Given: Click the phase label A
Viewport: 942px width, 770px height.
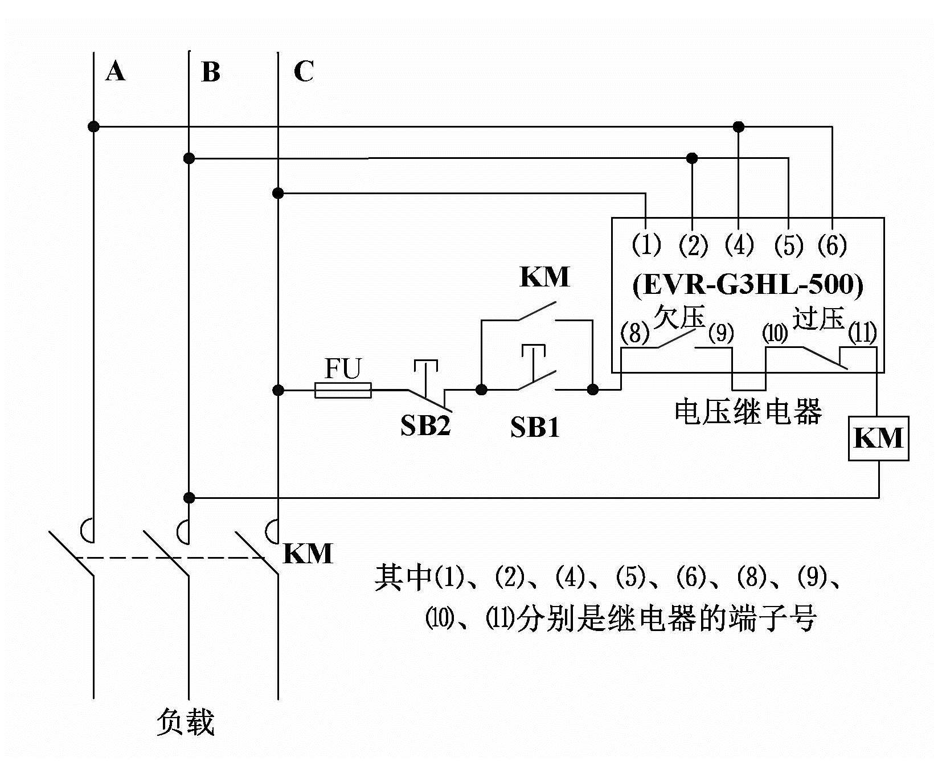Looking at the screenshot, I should point(115,72).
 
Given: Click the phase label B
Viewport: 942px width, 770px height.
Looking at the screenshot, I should point(211,73).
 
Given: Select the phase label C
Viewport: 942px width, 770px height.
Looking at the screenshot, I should point(304,72).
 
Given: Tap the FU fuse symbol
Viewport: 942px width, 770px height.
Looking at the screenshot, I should point(343,390).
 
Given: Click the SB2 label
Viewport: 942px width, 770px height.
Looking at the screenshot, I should point(425,425).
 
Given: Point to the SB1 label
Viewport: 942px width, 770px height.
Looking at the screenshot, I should point(534,428).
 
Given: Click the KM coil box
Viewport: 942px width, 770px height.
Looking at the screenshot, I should point(878,438).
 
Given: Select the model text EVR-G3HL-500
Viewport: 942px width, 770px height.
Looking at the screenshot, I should point(747,285).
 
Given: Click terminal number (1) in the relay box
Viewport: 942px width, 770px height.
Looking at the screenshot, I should point(646,245).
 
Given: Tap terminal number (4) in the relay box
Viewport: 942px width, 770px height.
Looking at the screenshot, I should point(739,245).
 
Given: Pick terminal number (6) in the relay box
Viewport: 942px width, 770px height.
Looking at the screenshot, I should point(832,245).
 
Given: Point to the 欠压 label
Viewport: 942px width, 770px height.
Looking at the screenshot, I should point(679,317).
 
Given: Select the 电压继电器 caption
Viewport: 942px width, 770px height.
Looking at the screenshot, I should point(748,411).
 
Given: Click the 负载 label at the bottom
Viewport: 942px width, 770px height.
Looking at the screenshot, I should point(185,722).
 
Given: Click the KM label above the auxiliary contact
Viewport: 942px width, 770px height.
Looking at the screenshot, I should point(544,277).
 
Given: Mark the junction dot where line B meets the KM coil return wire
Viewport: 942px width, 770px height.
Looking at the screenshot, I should point(189,498).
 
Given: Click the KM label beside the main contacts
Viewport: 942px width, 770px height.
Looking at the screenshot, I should point(308,554).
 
